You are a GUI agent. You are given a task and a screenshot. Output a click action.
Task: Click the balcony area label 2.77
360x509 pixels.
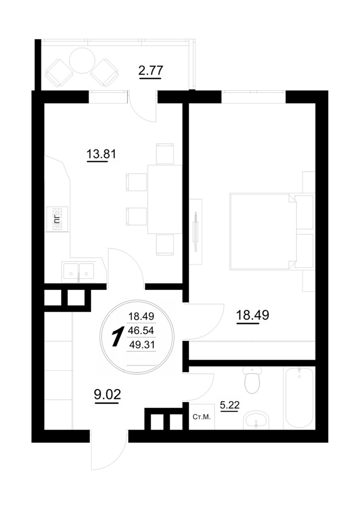(150, 70)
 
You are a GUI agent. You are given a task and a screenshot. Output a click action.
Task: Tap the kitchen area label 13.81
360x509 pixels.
(101, 154)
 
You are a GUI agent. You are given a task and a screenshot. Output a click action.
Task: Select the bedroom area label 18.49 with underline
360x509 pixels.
(253, 315)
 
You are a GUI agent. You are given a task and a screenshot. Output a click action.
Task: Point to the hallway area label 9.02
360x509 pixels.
(107, 394)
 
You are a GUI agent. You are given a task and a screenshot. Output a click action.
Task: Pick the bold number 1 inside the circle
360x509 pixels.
(117, 338)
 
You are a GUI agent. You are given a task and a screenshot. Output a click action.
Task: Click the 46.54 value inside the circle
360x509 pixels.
(141, 331)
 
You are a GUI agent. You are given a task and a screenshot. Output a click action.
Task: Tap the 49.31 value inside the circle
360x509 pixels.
(142, 345)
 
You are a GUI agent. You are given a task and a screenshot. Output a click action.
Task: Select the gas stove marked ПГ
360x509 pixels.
(58, 219)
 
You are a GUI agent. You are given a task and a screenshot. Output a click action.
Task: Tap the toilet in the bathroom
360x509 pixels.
(252, 380)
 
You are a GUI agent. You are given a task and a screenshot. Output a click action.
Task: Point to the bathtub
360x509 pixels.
(299, 398)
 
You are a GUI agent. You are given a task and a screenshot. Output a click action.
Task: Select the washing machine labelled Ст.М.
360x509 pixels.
(201, 417)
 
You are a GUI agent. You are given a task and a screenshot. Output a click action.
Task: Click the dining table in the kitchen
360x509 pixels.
(165, 199)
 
